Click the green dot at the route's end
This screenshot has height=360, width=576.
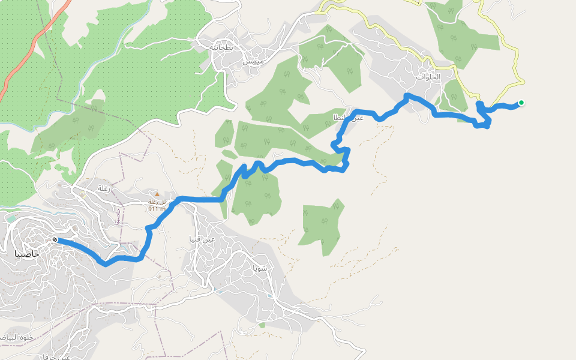(x=521, y=103)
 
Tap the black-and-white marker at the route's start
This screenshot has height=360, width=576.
(x=55, y=240)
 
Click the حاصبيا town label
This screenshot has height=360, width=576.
(x=28, y=254)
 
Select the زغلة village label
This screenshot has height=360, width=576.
(x=103, y=188)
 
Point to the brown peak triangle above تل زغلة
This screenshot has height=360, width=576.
(x=157, y=194)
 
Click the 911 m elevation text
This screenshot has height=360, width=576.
(x=157, y=209)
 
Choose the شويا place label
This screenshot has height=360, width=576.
(x=260, y=268)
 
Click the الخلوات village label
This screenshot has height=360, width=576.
(x=428, y=77)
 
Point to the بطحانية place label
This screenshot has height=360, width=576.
(x=220, y=47)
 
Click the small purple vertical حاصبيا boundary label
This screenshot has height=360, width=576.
(x=118, y=217)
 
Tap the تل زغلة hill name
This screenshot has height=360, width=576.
(x=157, y=202)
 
